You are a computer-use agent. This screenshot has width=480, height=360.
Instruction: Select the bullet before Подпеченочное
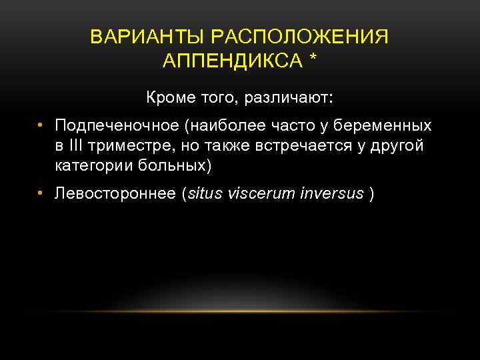(41, 125)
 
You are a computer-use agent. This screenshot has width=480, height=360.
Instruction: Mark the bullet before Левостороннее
(41, 193)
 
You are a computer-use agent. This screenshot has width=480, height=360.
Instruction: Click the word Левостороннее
(117, 194)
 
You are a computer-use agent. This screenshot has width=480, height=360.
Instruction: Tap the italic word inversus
(331, 194)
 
